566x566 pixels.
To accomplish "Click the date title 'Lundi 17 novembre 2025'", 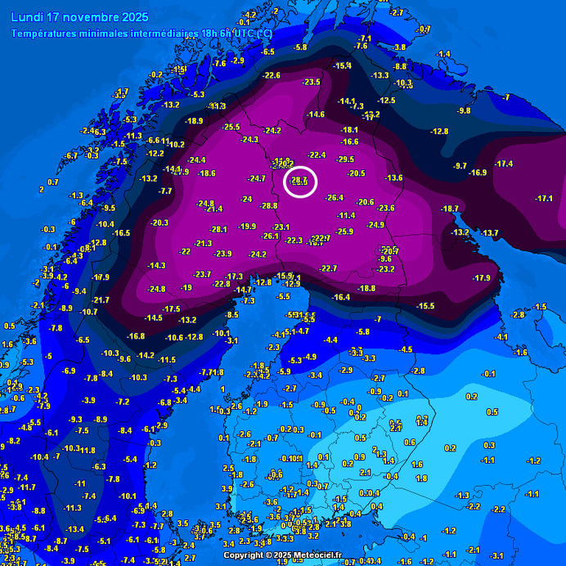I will point(80,16).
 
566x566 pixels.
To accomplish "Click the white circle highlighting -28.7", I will point(300,181).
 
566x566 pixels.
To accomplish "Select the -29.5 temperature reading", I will point(345,159).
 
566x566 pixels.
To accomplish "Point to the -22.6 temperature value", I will point(272,75).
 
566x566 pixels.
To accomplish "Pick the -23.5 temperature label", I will point(312,82).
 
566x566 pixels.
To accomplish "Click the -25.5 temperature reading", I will point(231,127).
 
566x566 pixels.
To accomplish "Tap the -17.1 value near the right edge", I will point(544,199).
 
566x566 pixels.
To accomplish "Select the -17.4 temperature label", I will point(504,164).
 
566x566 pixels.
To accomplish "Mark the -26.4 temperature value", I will point(335,198).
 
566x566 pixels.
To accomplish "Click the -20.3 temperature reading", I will point(159,222).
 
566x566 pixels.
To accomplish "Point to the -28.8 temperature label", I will point(269,206).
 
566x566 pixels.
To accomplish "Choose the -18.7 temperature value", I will point(450,209).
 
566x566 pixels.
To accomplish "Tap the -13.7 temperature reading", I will point(489,233).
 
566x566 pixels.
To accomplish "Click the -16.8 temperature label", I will point(136,336).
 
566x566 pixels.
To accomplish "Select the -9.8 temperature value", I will point(464,110).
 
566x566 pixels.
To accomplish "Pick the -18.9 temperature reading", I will point(194,121).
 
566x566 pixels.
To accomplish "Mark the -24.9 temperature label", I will point(375,225).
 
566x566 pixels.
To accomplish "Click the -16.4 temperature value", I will point(341,297).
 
